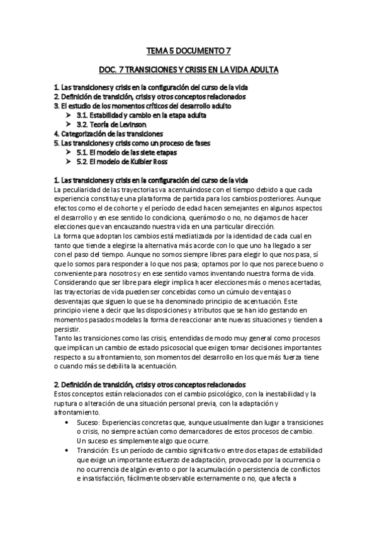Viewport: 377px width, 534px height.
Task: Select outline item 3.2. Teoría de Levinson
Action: (115, 125)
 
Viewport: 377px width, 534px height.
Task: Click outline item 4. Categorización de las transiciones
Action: (108, 134)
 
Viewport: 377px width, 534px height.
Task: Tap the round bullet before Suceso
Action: (67, 421)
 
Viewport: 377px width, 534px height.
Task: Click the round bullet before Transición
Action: (67, 452)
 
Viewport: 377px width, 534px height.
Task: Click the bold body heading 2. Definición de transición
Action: (150, 384)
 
